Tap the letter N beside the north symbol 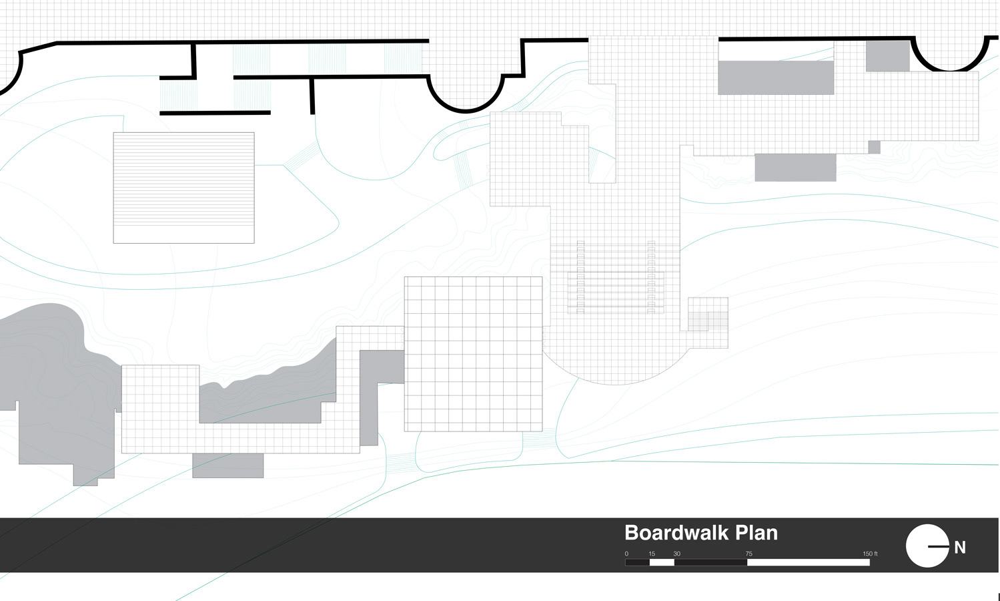pyautogui.click(x=960, y=548)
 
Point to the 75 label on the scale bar pyautogui.click(x=748, y=554)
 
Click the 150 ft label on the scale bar pyautogui.click(x=869, y=554)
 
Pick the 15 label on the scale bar pyautogui.click(x=652, y=554)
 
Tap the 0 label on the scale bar pyautogui.click(x=626, y=554)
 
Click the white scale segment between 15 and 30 pyautogui.click(x=662, y=562)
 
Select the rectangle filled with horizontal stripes pyautogui.click(x=183, y=188)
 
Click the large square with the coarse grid pyautogui.click(x=473, y=354)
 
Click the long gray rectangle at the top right pyautogui.click(x=775, y=77)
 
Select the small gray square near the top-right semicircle pyautogui.click(x=887, y=56)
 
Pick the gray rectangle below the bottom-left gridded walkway pyautogui.click(x=227, y=465)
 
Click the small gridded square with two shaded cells pyautogui.click(x=708, y=322)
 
